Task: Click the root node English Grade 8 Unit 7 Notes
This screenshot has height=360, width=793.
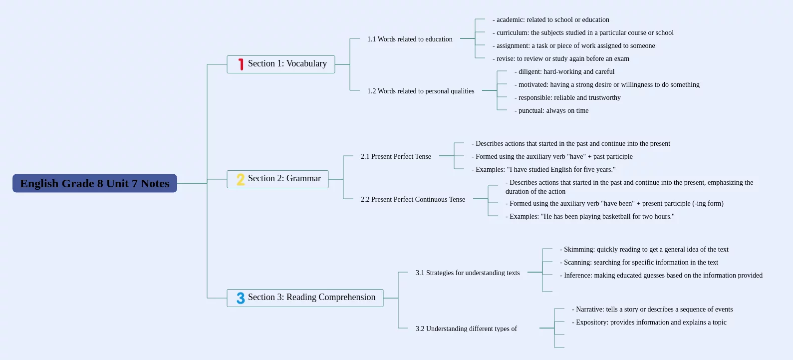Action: pyautogui.click(x=94, y=183)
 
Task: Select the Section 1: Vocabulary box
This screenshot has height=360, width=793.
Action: pyautogui.click(x=281, y=64)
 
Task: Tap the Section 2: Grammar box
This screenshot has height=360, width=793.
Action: pyautogui.click(x=277, y=179)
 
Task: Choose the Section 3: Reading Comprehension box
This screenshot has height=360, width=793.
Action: pyautogui.click(x=305, y=298)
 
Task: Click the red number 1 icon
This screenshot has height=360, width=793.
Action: pyautogui.click(x=241, y=64)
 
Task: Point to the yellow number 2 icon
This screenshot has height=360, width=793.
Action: pyautogui.click(x=241, y=179)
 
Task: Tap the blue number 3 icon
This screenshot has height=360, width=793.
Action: pyautogui.click(x=241, y=298)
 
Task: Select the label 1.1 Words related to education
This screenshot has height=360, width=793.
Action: pyautogui.click(x=410, y=39)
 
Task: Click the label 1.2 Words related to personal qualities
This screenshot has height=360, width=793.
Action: pyautogui.click(x=421, y=91)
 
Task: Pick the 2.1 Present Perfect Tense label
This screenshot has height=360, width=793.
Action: pyautogui.click(x=396, y=156)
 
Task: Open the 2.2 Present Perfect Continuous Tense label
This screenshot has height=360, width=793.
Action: pyautogui.click(x=413, y=199)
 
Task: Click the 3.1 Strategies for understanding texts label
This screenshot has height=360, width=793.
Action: pyautogui.click(x=468, y=273)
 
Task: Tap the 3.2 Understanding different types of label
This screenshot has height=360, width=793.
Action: pyautogui.click(x=466, y=329)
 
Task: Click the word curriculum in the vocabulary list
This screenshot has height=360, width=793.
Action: pyautogui.click(x=513, y=33)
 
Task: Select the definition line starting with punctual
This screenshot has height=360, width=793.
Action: pyautogui.click(x=551, y=111)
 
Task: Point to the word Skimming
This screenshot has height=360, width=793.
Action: pyautogui.click(x=579, y=250)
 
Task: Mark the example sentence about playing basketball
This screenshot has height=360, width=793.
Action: pyautogui.click(x=590, y=217)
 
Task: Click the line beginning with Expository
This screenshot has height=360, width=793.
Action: pyautogui.click(x=649, y=323)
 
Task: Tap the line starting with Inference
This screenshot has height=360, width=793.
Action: pyautogui.click(x=661, y=276)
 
